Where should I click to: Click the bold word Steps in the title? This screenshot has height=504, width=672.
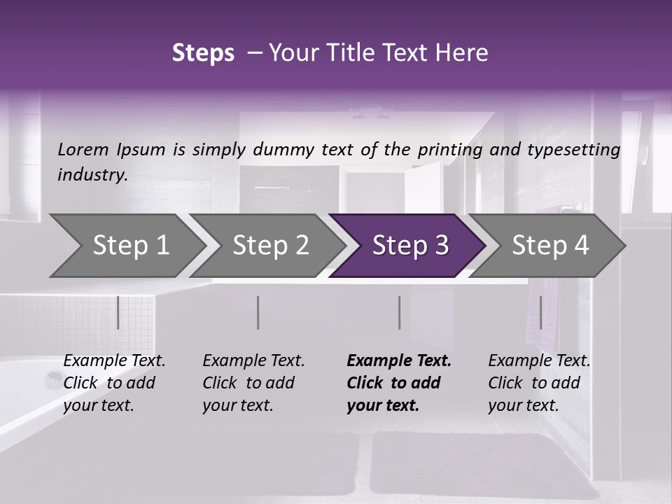203,53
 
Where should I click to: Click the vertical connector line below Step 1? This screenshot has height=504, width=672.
118,312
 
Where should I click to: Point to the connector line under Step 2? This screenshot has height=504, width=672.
258,312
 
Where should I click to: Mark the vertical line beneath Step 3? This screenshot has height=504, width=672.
400,312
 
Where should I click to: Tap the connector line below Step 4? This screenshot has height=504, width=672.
540,312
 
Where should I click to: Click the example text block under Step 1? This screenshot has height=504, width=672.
114,383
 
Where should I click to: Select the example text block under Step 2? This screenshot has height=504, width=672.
253,383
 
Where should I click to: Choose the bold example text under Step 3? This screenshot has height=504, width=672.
399,383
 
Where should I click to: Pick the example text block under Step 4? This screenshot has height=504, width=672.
539,383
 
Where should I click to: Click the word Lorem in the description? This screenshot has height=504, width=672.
83,149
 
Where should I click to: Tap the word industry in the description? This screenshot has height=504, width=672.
92,174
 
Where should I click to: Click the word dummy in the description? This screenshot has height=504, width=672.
287,150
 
